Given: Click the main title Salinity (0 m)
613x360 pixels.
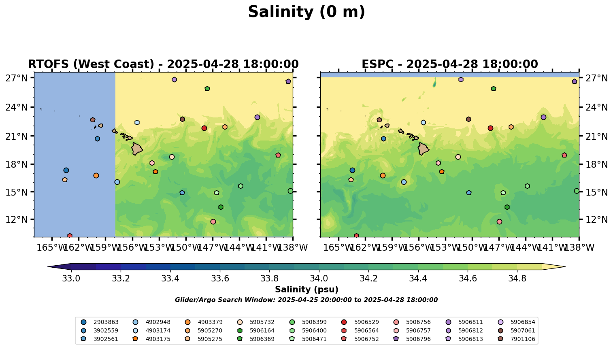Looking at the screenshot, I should tap(306, 12).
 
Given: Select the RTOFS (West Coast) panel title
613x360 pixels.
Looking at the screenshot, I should tap(163, 64).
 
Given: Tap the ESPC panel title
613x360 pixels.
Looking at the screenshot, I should tap(449, 64).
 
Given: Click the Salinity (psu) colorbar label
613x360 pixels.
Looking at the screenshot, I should tap(306, 290).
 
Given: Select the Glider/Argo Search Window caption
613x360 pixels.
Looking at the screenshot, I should tap(306, 300).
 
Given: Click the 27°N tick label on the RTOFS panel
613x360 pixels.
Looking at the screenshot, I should tap(17, 78).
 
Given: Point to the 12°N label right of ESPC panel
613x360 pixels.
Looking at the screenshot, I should tap(596, 219).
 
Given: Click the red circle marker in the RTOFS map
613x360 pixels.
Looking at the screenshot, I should tap(204, 128).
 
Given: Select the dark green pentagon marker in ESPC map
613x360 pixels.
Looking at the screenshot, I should tap(494, 89).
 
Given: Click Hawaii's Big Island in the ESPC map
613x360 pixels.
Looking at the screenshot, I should tap(424, 149).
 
